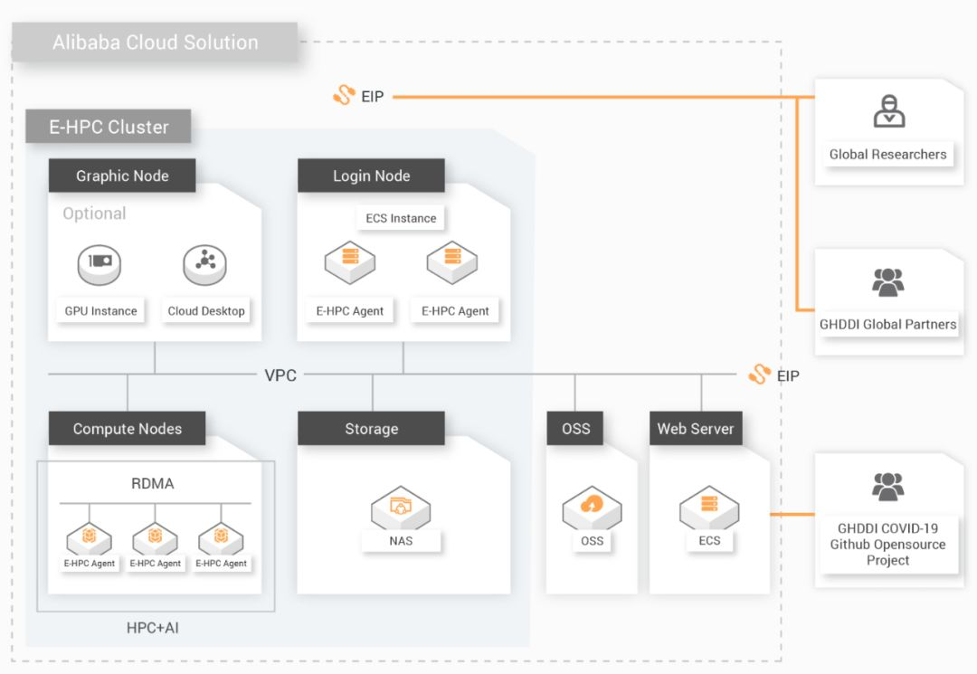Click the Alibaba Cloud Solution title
[x=155, y=43]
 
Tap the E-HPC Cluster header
[x=109, y=127]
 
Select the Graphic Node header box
[x=122, y=176]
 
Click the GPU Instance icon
[x=100, y=263]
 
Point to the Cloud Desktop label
[x=206, y=310]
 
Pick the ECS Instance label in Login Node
[x=401, y=218]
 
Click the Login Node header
[x=371, y=176]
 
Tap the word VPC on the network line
[x=280, y=375]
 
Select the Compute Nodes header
[x=127, y=429]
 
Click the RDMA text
[x=153, y=483]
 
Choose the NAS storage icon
[x=400, y=508]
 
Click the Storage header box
[x=371, y=429]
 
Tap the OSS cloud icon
[x=592, y=507]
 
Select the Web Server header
[x=695, y=429]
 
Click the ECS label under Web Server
[x=709, y=540]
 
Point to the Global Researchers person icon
[x=888, y=111]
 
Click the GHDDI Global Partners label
[x=887, y=324]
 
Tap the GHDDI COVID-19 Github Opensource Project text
[x=887, y=544]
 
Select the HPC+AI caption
[x=153, y=627]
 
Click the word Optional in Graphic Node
[x=94, y=214]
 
